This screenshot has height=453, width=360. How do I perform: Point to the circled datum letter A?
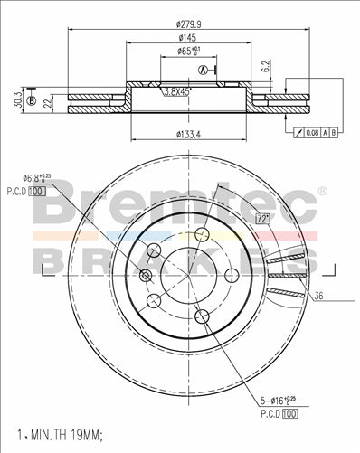click(x=203, y=71)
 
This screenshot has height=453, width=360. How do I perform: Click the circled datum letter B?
click(x=31, y=100)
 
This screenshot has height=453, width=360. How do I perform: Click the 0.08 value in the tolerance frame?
click(x=310, y=133)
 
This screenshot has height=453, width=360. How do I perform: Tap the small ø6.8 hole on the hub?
click(x=147, y=275)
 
